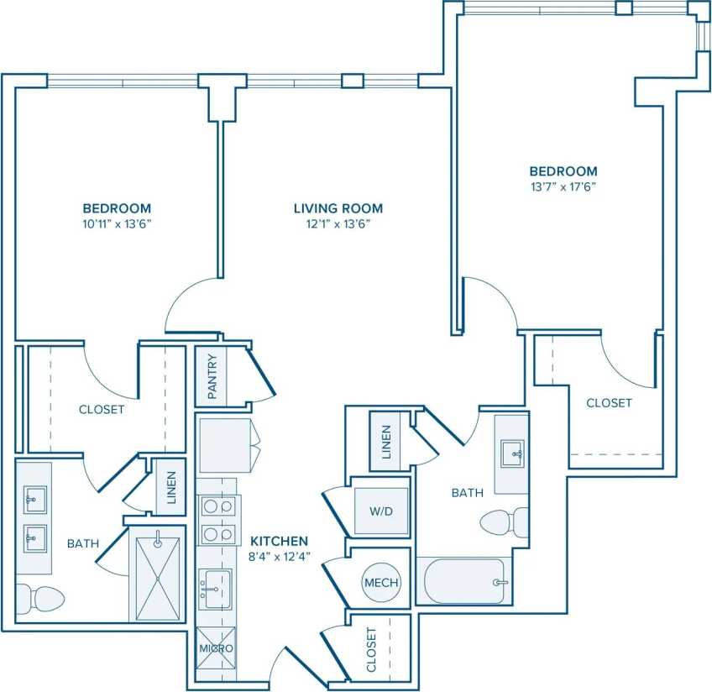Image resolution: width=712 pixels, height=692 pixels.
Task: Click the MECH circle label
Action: (x=381, y=583)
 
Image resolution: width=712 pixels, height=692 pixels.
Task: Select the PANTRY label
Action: (x=212, y=377)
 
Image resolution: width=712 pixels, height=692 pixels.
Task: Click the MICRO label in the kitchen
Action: (x=216, y=649)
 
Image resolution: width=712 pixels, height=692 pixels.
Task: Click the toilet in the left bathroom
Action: (x=39, y=598)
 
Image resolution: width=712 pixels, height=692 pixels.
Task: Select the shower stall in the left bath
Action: (x=157, y=574)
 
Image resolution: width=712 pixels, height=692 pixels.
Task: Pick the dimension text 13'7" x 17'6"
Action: (x=563, y=187)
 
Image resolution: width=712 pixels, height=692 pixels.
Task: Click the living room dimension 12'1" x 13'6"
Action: (x=338, y=224)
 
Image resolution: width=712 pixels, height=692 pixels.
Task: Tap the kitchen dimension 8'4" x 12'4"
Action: (x=277, y=557)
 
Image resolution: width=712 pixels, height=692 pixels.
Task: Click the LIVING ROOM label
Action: (x=338, y=208)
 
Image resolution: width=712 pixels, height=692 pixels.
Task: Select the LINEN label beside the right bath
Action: (x=386, y=442)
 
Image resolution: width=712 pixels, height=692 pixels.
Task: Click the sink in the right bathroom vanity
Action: (x=512, y=453)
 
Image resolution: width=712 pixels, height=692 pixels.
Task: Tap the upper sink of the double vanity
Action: (x=34, y=500)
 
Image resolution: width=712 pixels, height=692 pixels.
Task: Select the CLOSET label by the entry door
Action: (x=373, y=650)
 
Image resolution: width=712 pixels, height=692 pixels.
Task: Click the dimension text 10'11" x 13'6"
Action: (x=117, y=224)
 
